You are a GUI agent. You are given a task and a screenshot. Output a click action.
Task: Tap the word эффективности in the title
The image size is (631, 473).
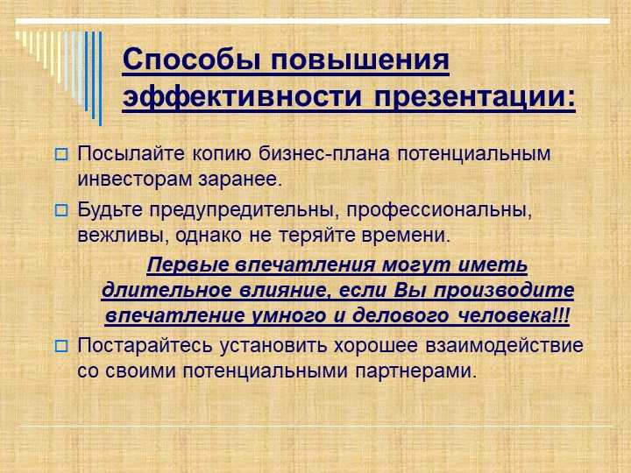[x=242, y=97]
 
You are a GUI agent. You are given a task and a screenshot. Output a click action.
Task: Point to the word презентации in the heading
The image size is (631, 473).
[x=471, y=98]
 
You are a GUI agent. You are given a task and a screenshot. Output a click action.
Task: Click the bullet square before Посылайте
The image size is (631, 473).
[x=61, y=154]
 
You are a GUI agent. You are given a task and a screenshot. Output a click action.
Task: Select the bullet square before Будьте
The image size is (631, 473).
[x=61, y=210]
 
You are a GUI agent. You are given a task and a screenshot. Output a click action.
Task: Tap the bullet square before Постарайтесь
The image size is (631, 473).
[x=61, y=346]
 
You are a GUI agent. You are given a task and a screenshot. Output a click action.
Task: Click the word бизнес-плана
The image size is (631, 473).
[x=324, y=153]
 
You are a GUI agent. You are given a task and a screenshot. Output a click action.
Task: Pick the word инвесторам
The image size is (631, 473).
[x=134, y=180]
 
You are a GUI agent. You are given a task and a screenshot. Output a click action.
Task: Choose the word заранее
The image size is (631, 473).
[x=239, y=180]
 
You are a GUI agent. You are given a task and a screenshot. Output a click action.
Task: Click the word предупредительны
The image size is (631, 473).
[x=242, y=211]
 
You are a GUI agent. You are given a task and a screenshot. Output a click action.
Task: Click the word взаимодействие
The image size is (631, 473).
[x=504, y=346]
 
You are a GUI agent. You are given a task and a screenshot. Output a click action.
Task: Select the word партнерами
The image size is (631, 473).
[x=415, y=371]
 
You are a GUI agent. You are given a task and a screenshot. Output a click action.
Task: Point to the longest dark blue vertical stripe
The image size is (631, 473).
[x=100, y=79]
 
